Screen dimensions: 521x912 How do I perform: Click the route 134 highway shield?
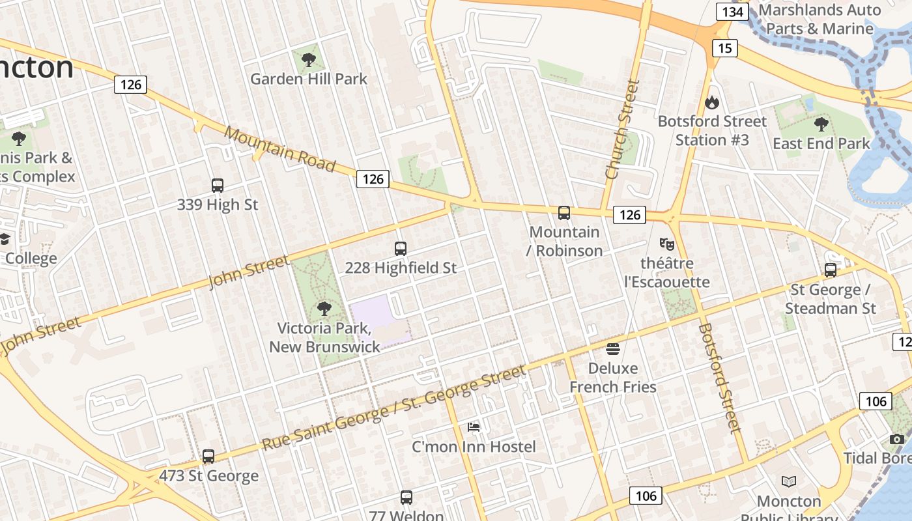733,12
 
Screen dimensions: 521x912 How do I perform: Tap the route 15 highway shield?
724,48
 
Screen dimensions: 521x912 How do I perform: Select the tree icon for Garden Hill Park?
309,61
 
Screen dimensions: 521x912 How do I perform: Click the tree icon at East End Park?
821,124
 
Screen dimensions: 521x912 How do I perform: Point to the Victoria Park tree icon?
324,309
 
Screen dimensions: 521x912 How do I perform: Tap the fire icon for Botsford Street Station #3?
711,102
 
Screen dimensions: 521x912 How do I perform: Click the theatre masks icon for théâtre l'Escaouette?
666,244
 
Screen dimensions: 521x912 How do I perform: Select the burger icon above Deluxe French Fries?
612,348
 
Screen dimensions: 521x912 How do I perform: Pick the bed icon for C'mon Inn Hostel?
474,427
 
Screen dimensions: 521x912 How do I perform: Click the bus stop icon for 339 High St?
218,186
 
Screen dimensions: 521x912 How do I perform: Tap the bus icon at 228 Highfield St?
401,249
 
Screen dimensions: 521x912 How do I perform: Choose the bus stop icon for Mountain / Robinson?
564,213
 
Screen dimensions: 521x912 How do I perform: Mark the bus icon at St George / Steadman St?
831,270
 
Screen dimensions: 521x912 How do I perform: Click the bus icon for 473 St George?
208,457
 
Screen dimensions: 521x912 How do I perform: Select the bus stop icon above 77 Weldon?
406,498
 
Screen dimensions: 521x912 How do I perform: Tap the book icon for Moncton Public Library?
789,482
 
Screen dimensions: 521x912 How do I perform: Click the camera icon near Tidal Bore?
897,440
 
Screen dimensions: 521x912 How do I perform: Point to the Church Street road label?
622,130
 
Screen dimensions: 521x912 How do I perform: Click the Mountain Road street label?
279,149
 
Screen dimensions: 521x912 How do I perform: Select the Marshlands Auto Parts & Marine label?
819,20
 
